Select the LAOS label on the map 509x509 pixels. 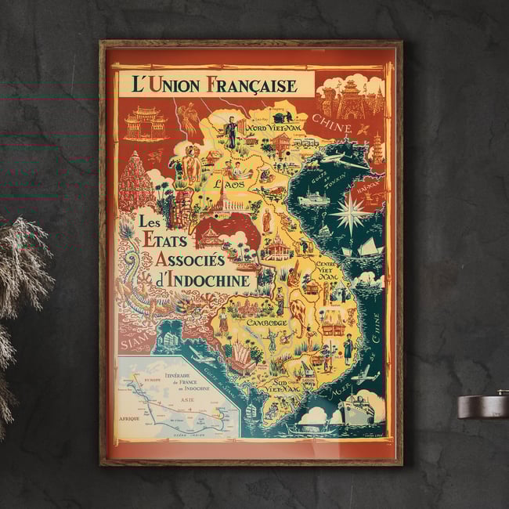[x=229, y=183]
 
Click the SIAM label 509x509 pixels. [x=135, y=342]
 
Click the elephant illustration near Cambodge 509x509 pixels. [x=300, y=312]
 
